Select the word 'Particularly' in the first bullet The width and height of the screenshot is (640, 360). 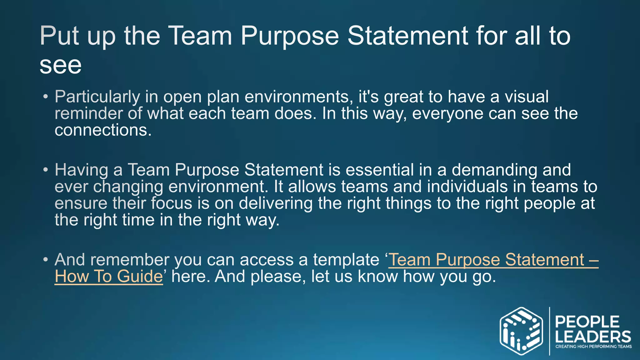(x=97, y=97)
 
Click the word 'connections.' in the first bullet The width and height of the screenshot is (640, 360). (x=103, y=130)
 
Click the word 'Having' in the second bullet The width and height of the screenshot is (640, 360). (x=81, y=170)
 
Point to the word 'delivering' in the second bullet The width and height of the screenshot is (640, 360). (x=276, y=203)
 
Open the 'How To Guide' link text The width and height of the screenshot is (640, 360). (x=109, y=277)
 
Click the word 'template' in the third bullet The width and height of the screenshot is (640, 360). (x=346, y=260)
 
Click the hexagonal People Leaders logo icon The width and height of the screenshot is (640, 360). (x=521, y=331)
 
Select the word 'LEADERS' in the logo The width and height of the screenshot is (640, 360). (x=593, y=337)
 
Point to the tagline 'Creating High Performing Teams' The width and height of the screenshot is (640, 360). (x=593, y=347)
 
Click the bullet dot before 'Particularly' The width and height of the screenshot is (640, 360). (x=46, y=97)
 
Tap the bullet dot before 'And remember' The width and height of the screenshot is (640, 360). (x=46, y=260)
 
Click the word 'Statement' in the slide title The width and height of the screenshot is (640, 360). (x=407, y=36)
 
